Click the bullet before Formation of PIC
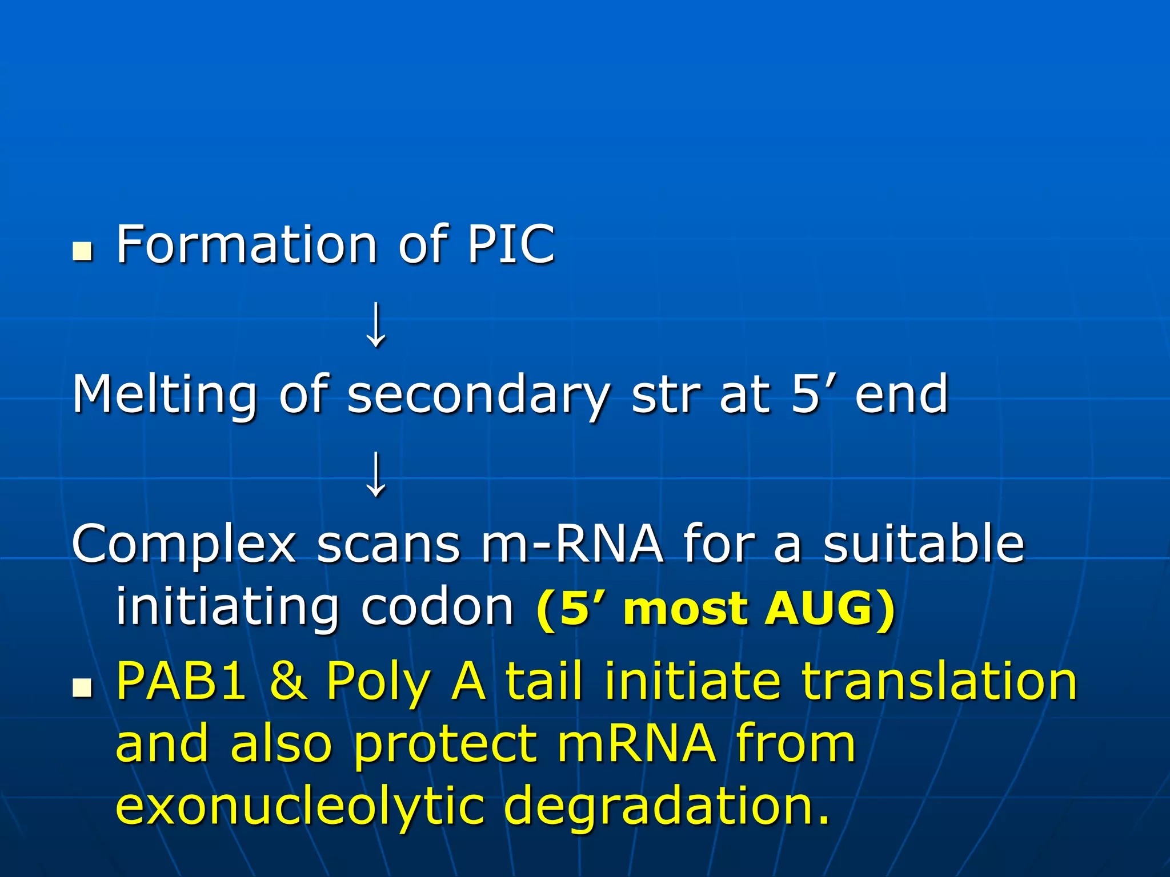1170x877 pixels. pos(82,251)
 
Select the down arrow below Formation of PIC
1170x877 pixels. pos(376,325)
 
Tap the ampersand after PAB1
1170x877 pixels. pos(288,681)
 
